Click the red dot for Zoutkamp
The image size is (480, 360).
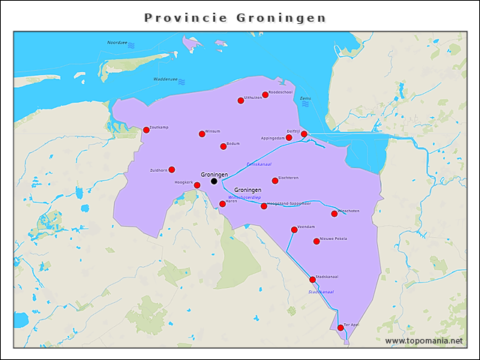pos(146,130)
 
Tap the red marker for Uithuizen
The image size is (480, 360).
pos(241,100)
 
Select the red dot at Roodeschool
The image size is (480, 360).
pos(265,94)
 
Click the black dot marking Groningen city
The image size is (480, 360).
pos(214,181)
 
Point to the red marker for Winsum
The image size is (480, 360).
pos(202,133)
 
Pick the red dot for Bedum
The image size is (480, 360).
pos(223,146)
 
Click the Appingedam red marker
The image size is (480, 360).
pos(289,137)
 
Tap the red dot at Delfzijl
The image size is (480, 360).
pos(304,133)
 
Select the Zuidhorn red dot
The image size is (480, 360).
pos(172,169)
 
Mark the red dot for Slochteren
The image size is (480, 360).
pos(275,180)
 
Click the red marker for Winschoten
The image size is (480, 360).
pos(334,214)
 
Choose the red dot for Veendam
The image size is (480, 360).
pos(294,229)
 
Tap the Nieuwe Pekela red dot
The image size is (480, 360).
pos(316,241)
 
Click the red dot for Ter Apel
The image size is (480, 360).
pos(340,328)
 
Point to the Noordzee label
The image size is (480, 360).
pos(117,43)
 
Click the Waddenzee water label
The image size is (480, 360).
pos(165,78)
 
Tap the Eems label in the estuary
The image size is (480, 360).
pos(304,98)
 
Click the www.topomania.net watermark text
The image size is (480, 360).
pos(424,340)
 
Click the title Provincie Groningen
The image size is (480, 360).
pos(235,17)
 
